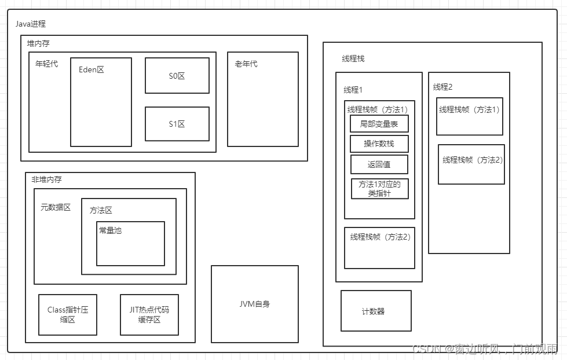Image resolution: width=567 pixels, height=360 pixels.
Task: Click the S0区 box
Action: [x=177, y=75]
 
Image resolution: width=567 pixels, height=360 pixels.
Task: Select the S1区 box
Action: [x=177, y=124]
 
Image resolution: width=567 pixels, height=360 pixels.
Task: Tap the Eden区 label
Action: [x=92, y=69]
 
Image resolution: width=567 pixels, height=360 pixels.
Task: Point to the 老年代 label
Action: [x=246, y=64]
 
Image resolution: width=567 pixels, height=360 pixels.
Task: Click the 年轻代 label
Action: [x=47, y=64]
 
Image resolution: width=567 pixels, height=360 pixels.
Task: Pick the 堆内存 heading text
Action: [x=39, y=43]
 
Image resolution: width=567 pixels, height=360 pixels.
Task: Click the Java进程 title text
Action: [x=31, y=24]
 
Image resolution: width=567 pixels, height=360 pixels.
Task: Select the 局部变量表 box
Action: [x=379, y=124]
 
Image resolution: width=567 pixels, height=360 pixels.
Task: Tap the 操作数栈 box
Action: [x=379, y=144]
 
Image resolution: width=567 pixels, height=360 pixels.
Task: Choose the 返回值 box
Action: [x=379, y=164]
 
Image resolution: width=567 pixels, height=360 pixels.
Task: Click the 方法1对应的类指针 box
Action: [x=379, y=189]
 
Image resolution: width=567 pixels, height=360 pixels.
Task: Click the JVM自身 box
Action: [x=254, y=304]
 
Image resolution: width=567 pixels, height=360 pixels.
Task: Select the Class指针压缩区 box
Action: [x=68, y=314]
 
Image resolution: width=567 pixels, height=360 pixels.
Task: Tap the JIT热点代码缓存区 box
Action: [x=149, y=314]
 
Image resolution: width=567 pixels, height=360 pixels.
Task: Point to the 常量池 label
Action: [x=110, y=230]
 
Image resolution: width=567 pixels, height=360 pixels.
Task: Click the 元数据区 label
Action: [x=56, y=207]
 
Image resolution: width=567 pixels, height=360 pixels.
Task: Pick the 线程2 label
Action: [x=443, y=87]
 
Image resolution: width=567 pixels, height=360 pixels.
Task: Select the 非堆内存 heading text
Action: [x=46, y=179]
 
